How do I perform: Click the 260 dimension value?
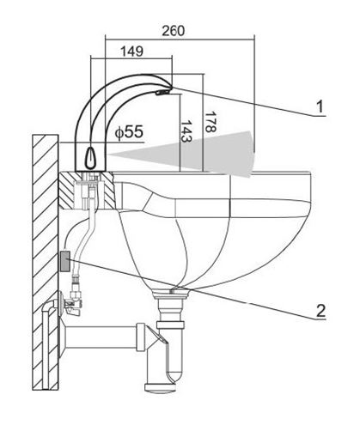(174, 31)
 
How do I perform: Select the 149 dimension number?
(131, 52)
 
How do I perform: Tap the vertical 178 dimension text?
(210, 122)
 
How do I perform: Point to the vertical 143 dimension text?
(186, 131)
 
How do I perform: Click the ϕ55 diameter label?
(129, 132)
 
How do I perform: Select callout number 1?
(320, 106)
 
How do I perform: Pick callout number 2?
(320, 310)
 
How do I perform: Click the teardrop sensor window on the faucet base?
(90, 157)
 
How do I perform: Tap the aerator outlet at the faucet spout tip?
(162, 92)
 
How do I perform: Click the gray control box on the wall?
(65, 261)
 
